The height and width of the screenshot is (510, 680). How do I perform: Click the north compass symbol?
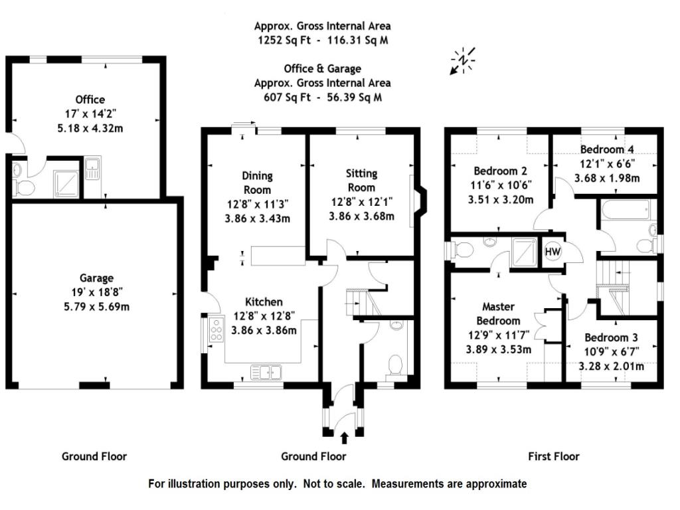tap(463, 60)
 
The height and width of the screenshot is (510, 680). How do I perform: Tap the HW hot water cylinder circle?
tap(552, 252)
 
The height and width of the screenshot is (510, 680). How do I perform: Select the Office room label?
tap(90, 100)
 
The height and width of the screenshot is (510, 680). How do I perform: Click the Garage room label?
tap(96, 278)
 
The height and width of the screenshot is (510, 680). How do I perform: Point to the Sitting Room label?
tap(361, 181)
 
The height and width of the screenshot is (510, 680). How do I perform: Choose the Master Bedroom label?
tap(498, 313)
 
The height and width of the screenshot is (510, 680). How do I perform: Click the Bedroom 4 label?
tap(607, 149)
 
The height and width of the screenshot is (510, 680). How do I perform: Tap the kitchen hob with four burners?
tap(216, 329)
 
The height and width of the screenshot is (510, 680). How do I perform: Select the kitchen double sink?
tap(266, 372)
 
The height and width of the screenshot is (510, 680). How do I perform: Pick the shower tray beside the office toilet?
tap(66, 183)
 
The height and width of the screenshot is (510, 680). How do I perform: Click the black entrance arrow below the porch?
tap(345, 438)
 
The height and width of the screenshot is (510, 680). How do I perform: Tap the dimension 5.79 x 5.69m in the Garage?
tap(97, 307)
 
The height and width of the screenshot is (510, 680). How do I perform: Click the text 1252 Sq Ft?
tap(284, 41)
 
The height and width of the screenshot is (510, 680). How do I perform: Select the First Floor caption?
tap(554, 456)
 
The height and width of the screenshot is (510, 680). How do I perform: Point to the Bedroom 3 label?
tap(611, 337)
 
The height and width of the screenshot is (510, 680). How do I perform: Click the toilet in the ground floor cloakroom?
tap(395, 365)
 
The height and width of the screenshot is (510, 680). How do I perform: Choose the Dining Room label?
tap(257, 183)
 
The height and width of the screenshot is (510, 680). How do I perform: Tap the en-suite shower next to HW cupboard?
tap(525, 252)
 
